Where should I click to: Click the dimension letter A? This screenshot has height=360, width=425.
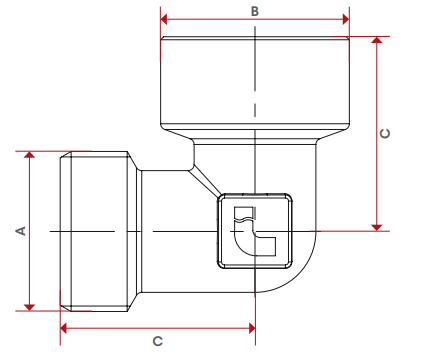point(21,231)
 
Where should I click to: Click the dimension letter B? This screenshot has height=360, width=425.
point(255,11)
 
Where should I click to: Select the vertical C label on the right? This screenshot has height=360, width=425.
point(385,133)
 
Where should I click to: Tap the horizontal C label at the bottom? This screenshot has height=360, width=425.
point(158,341)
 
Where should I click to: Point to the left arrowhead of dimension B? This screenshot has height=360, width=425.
point(164,19)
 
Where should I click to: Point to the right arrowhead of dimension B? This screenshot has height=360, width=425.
point(346,19)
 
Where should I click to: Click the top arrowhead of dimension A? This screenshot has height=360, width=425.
point(30,155)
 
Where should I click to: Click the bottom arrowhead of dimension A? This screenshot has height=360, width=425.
point(30,307)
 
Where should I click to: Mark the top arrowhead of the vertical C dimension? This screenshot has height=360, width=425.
point(377,40)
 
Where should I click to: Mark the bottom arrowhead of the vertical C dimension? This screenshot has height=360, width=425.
point(377,227)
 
